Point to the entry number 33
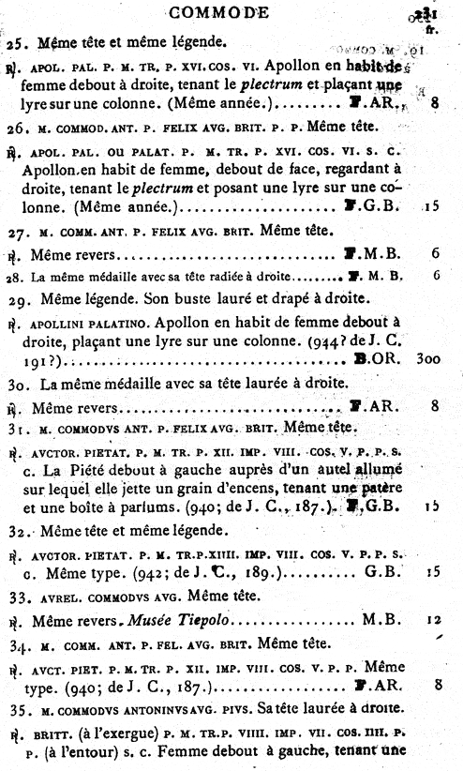point(16,594)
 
